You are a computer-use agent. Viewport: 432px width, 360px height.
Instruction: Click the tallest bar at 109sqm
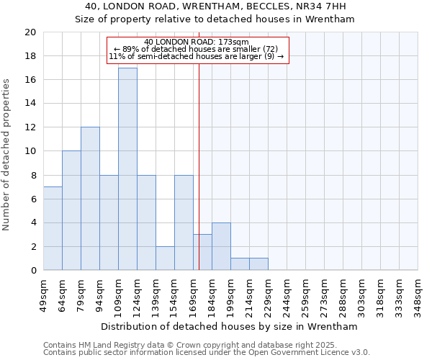click(127, 169)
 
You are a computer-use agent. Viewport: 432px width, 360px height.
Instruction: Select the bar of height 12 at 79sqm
click(90, 199)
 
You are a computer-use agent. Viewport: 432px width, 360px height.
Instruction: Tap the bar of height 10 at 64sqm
click(71, 210)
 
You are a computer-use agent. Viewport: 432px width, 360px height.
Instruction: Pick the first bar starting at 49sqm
click(53, 228)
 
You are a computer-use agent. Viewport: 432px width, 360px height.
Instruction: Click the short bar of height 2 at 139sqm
click(165, 258)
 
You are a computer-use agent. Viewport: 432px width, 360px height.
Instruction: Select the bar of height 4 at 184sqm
click(221, 246)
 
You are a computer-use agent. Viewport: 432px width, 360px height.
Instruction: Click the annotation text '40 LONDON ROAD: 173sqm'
click(197, 42)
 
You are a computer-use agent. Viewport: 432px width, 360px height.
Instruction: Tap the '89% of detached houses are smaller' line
click(197, 49)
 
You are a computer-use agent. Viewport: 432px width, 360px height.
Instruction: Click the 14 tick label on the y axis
click(30, 104)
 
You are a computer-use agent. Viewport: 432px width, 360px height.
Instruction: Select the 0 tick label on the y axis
click(32, 270)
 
